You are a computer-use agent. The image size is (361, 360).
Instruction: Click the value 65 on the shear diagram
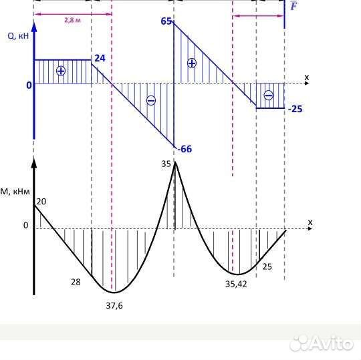pos(166,21)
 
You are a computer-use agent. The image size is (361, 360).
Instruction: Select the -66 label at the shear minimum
pos(185,149)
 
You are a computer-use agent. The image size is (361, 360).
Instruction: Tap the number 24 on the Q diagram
pos(100,58)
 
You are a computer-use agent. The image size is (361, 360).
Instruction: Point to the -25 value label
pos(295,109)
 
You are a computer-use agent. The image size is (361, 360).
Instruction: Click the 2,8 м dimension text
pos(72,20)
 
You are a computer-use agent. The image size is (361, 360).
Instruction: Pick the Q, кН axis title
pos(18,36)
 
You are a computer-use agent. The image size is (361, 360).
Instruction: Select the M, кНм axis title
pos(15,192)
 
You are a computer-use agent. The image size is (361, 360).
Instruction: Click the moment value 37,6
pos(114,306)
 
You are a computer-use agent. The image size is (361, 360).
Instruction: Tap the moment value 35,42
pos(236,285)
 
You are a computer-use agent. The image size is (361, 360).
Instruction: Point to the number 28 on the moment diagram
pos(76,282)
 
